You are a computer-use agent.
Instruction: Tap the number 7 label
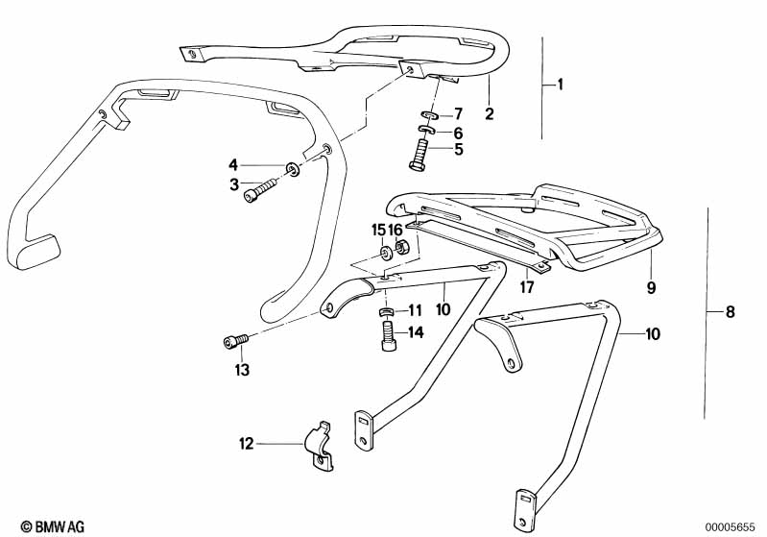(x=458, y=113)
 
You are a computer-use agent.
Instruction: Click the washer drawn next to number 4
(x=293, y=170)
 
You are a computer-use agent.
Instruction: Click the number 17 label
(x=526, y=286)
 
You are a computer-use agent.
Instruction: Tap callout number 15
(x=377, y=230)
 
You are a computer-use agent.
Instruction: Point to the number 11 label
(x=415, y=310)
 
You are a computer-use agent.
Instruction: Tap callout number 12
(x=247, y=444)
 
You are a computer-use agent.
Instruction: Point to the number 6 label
(x=458, y=133)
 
